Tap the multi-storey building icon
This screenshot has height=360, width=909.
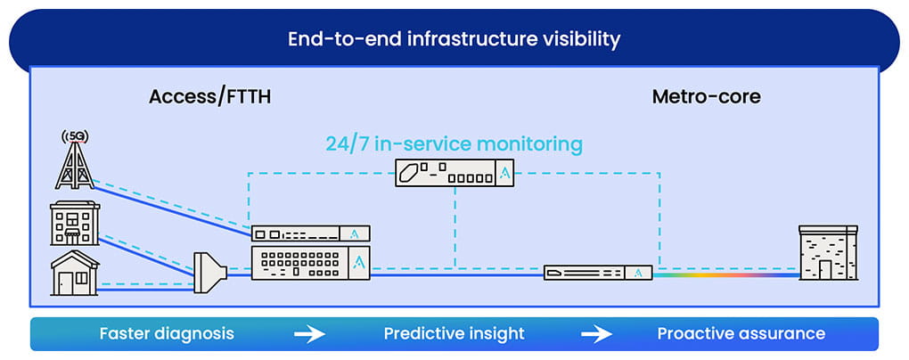coord(75,223)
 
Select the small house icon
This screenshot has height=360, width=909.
coord(75,274)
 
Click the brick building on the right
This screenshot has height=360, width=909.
coord(828,253)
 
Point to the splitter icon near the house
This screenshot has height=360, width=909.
coord(209,272)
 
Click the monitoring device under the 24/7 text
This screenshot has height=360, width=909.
coord(454,173)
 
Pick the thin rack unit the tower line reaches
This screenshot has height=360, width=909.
coord(311,233)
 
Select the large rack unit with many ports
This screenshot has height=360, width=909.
coord(311,263)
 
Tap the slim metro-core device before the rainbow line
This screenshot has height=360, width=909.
coord(598,273)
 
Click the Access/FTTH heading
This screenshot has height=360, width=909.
coord(209,97)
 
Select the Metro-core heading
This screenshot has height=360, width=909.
coord(706,97)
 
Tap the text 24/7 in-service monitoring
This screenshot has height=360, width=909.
coord(454,143)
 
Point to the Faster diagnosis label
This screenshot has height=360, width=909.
coord(167,334)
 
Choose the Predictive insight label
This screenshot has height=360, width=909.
coord(454,334)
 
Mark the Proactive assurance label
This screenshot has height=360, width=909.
coord(741,334)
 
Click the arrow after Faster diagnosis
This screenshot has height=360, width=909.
coord(309,334)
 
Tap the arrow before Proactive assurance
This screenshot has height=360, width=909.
coord(597,334)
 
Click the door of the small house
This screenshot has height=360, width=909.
coord(65,283)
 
